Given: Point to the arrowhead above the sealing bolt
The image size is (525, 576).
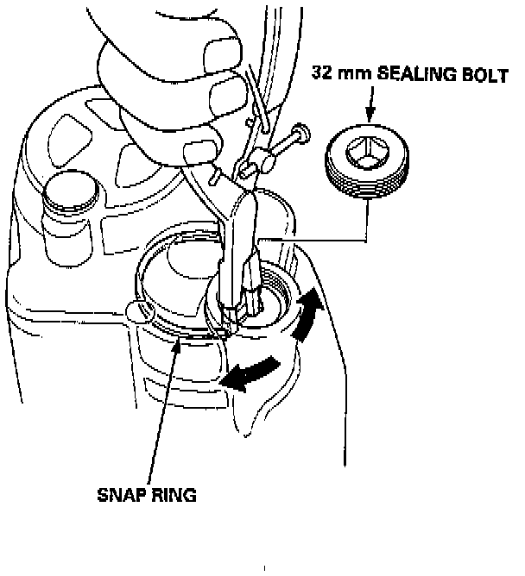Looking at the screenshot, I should point(370,116).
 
